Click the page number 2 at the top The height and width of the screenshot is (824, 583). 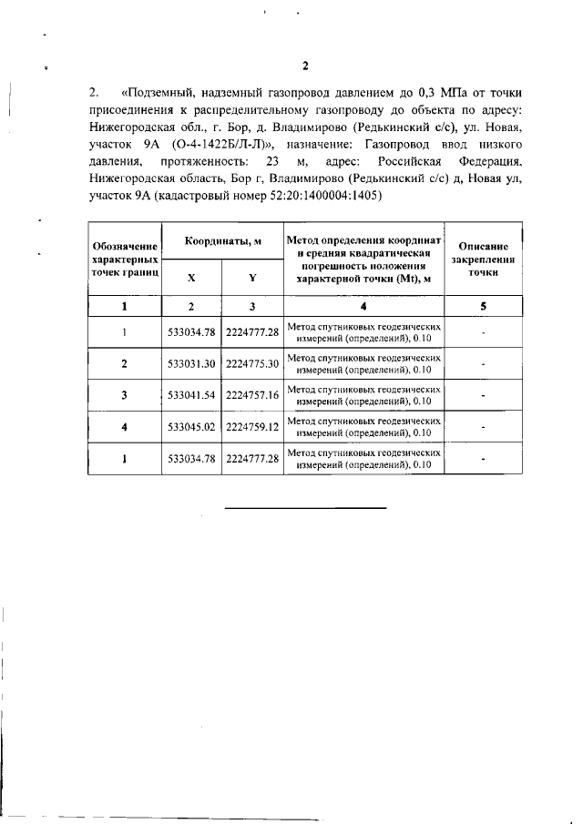306,66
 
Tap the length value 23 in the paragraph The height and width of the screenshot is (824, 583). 271,162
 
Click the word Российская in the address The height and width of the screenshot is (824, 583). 400,162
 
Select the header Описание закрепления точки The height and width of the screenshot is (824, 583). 484,259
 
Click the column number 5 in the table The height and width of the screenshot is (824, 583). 484,306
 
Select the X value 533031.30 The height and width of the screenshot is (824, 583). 191,364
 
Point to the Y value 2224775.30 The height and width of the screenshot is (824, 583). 251,364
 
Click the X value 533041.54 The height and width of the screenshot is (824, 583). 191,396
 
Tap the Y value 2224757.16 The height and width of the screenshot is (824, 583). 251,396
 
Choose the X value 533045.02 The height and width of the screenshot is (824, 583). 191,427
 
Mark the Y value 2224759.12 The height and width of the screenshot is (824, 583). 251,427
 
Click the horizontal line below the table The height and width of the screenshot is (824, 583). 305,506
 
